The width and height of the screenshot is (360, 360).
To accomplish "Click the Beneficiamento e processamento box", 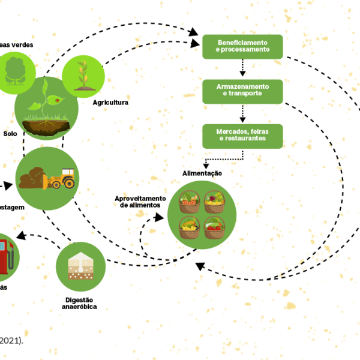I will (242, 46).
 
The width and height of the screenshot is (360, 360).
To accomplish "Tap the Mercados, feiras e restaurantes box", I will (242, 135).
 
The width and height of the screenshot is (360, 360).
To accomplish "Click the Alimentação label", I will (202, 173).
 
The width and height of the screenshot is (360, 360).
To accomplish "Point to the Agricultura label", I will (110, 103).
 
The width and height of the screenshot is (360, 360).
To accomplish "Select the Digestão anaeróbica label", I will (79, 302).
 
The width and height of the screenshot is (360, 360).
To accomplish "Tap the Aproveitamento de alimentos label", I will (140, 202).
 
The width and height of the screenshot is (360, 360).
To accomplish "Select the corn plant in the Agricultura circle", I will (83, 76).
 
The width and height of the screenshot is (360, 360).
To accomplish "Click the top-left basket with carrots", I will (190, 202).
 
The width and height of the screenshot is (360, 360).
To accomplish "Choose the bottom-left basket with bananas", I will (190, 227).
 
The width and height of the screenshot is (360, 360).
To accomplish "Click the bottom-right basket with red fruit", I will (215, 227).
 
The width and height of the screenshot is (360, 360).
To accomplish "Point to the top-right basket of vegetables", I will (215, 202).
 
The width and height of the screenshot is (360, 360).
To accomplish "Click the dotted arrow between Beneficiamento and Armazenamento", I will (242, 68).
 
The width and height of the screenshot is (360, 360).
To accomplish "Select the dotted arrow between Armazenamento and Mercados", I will (242, 113).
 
